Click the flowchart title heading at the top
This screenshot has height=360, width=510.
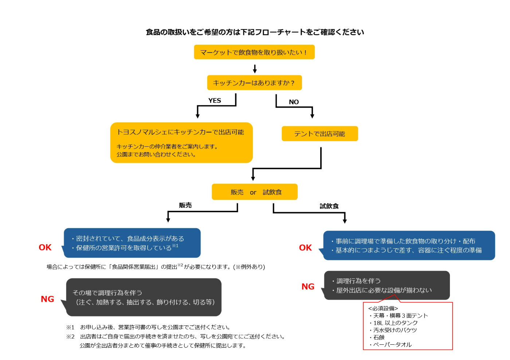[255, 32]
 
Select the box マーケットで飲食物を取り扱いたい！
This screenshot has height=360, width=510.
[254, 52]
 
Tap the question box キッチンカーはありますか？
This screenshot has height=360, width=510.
[254, 83]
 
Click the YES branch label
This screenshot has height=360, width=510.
[215, 100]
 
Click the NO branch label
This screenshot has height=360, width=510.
[294, 102]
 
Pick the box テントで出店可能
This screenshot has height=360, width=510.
[319, 134]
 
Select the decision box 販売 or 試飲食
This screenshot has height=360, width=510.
[255, 192]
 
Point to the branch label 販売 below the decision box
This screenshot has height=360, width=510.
[185, 205]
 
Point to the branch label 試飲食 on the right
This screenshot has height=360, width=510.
[329, 206]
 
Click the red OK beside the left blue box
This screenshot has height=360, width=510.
[45, 248]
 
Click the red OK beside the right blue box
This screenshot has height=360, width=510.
[305, 248]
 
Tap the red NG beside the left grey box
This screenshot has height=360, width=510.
[47, 299]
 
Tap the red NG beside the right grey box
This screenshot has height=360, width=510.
[308, 287]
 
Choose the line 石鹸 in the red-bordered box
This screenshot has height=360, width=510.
[378, 337]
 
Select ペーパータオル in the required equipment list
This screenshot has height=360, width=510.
[392, 345]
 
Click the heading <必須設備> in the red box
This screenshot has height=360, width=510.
[383, 308]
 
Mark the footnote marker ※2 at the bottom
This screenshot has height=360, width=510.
[70, 336]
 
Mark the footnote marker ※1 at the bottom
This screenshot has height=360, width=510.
[70, 327]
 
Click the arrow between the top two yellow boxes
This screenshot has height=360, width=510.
[255, 68]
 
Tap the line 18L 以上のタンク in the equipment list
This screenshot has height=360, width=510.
[395, 323]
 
